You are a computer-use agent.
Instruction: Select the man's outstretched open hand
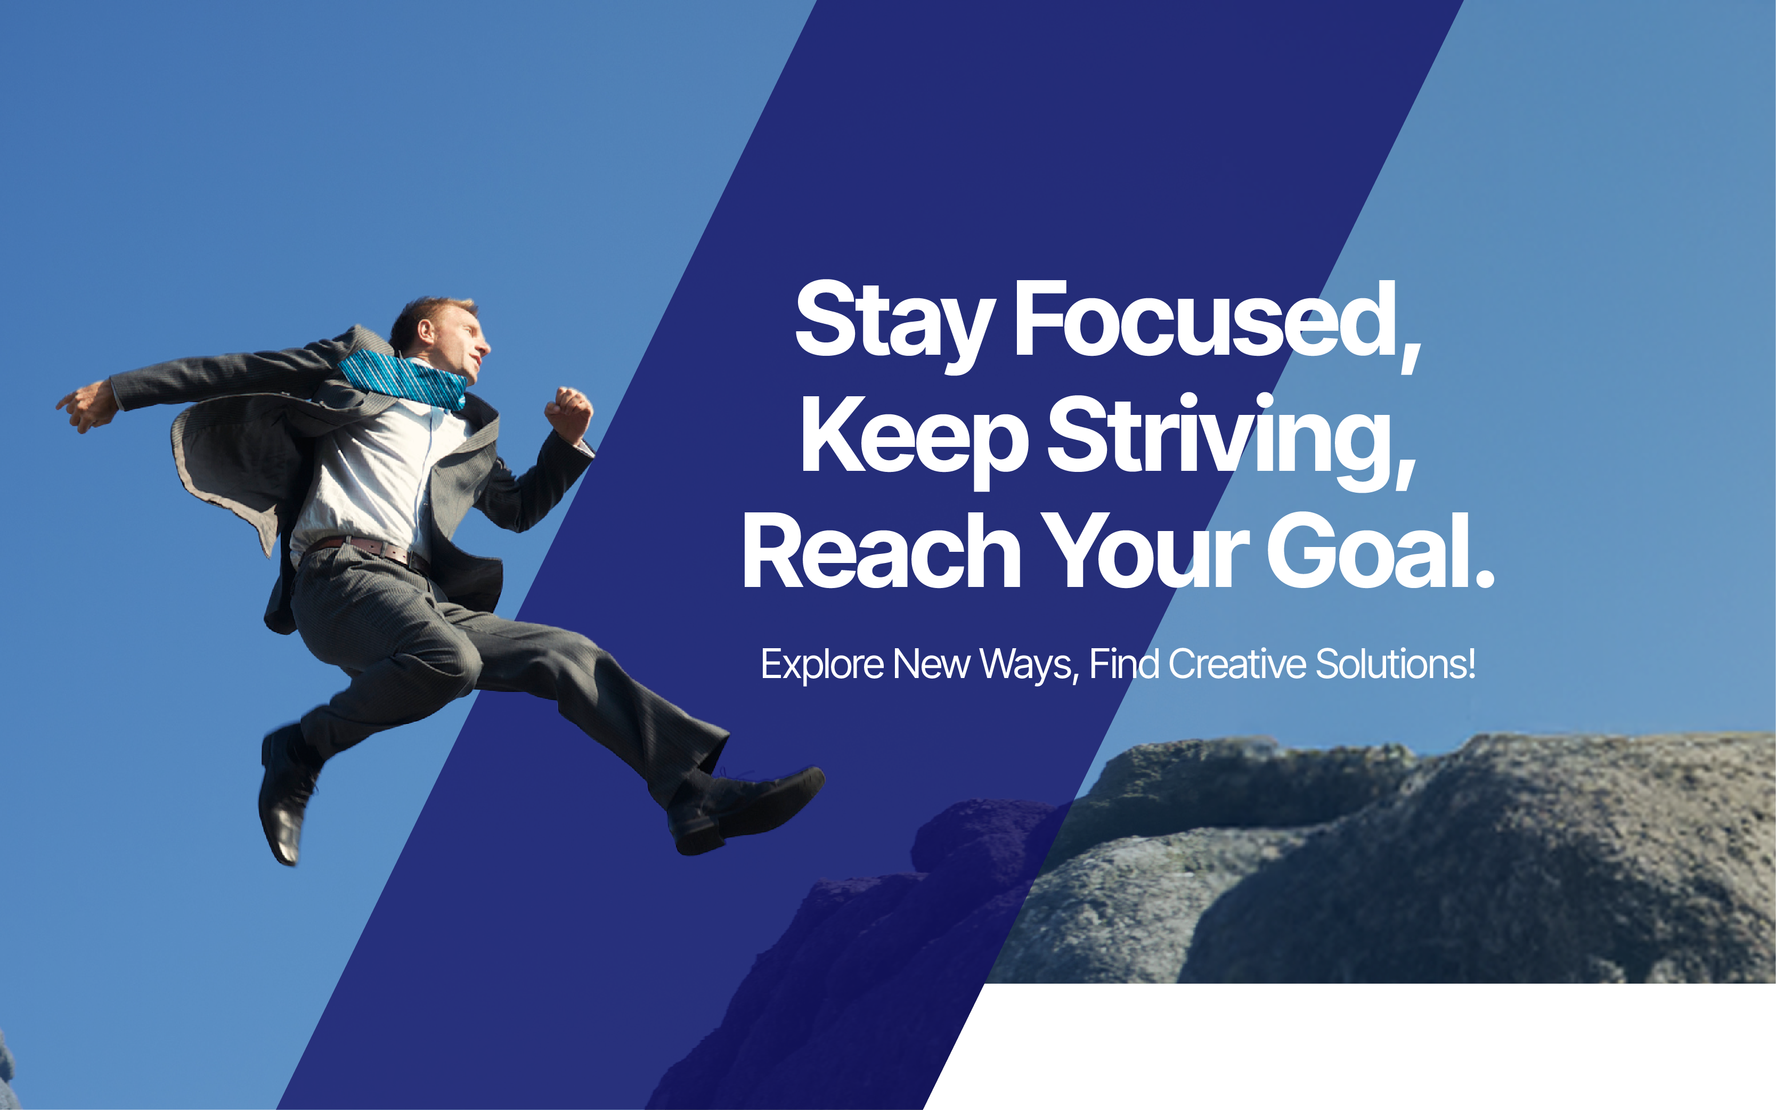pyautogui.click(x=87, y=406)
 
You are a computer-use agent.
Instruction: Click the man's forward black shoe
pyautogui.click(x=745, y=812)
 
